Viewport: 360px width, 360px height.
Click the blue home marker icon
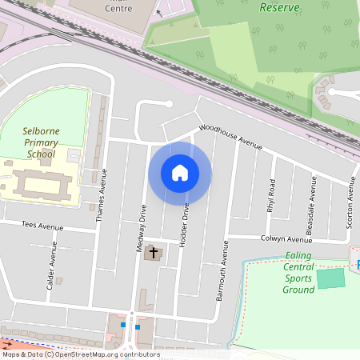click(180, 173)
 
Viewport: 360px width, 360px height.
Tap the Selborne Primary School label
click(38, 142)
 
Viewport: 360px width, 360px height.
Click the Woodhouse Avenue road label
click(230, 137)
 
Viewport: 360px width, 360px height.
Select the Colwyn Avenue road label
click(286, 239)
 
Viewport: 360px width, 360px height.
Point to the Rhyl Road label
click(271, 194)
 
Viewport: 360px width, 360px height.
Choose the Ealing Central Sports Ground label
click(298, 273)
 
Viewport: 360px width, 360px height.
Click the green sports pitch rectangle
click(330, 279)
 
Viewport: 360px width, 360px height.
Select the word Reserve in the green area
click(279, 7)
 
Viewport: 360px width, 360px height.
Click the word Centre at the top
click(119, 9)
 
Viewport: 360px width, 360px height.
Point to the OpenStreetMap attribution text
click(80, 354)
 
